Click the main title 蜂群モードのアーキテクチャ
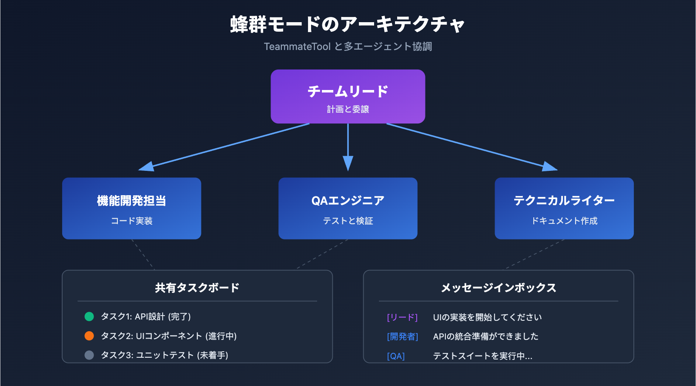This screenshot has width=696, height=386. pyautogui.click(x=348, y=24)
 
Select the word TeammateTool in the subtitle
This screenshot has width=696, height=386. pyautogui.click(x=297, y=47)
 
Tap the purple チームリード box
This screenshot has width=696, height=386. pyautogui.click(x=348, y=96)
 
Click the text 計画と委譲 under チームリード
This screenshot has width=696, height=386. pyautogui.click(x=348, y=109)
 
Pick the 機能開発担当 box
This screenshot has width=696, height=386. pyautogui.click(x=131, y=208)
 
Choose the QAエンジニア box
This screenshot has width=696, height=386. pyautogui.click(x=348, y=208)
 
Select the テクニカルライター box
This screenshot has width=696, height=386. pyautogui.click(x=564, y=208)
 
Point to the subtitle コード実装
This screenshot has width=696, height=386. pyautogui.click(x=131, y=221)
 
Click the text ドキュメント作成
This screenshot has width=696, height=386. pyautogui.click(x=564, y=221)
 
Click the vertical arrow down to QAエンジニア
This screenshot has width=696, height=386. pyautogui.click(x=348, y=148)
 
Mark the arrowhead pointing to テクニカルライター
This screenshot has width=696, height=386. pyautogui.click(x=550, y=166)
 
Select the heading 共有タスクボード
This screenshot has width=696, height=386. pyautogui.click(x=197, y=288)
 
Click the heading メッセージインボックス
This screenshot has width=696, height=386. pyautogui.click(x=499, y=288)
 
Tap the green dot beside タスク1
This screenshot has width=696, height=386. pyautogui.click(x=89, y=316)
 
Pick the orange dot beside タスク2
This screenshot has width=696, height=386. pyautogui.click(x=89, y=336)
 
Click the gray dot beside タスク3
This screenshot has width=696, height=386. pyautogui.click(x=89, y=355)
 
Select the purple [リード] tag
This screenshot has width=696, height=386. pyautogui.click(x=402, y=317)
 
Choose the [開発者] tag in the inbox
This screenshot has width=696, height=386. pyautogui.click(x=402, y=336)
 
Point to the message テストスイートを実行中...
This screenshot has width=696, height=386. pyautogui.click(x=482, y=356)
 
